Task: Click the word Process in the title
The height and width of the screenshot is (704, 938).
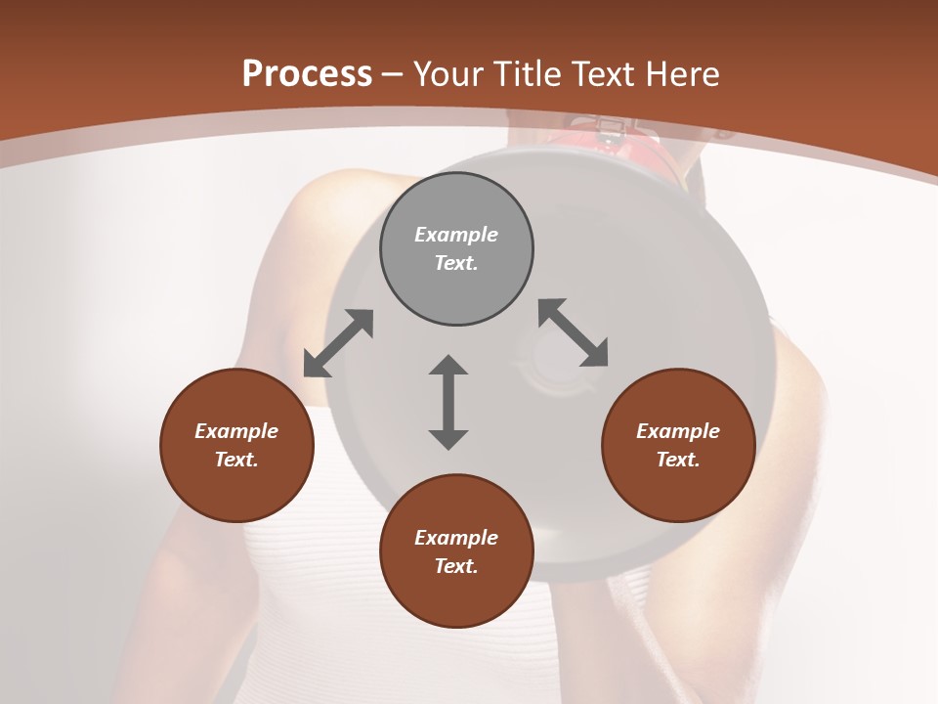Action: click(x=307, y=74)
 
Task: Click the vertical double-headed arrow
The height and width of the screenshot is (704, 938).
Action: click(x=448, y=402)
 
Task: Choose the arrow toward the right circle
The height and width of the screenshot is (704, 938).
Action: click(x=574, y=333)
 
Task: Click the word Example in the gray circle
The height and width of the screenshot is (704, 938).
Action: click(x=456, y=235)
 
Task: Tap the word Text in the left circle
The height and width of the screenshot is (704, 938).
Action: click(x=236, y=460)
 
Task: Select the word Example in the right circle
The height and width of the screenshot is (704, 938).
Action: click(x=678, y=431)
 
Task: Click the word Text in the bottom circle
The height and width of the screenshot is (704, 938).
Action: click(x=456, y=566)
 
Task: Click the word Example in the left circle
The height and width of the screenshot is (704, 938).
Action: click(x=236, y=431)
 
